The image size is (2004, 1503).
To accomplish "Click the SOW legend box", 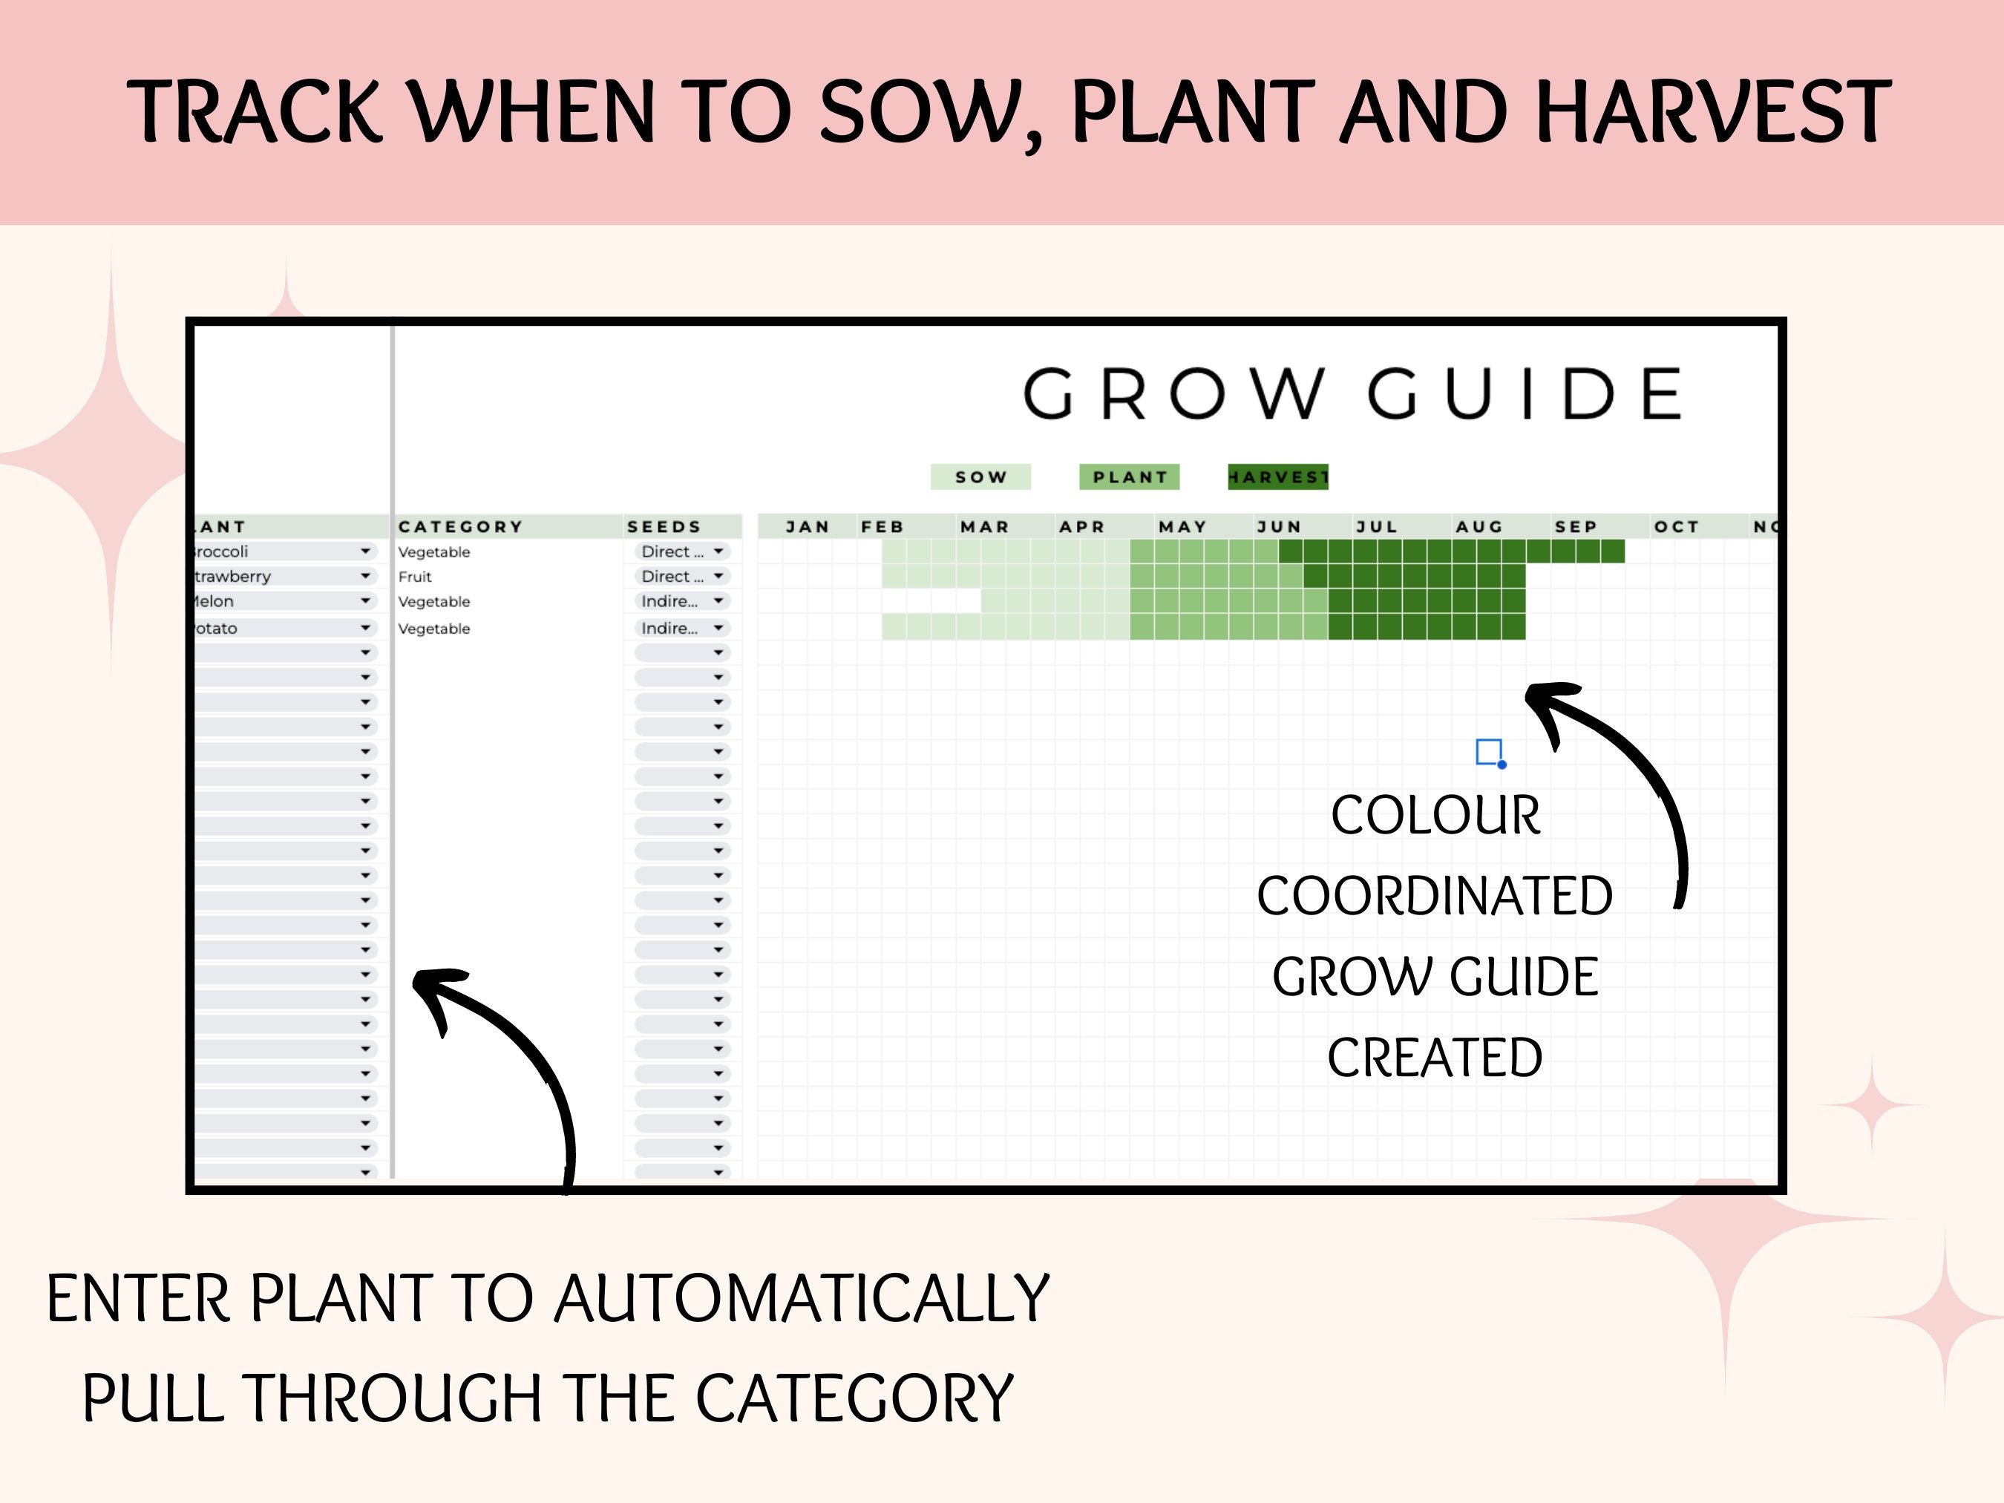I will click(980, 477).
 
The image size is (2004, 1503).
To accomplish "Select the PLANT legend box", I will click(1129, 477).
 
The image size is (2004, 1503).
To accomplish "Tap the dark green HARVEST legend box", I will click(1277, 477).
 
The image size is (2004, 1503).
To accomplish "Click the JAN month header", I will click(806, 526).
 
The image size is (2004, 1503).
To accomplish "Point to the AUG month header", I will click(1479, 526).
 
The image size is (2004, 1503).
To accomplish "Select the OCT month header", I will click(1676, 526).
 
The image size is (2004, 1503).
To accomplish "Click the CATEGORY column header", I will click(460, 526).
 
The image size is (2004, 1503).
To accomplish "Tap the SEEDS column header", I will click(663, 526).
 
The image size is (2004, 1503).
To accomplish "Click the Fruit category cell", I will click(415, 576).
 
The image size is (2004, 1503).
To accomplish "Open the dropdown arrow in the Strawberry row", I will click(365, 576).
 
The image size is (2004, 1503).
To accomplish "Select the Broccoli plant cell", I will click(272, 551).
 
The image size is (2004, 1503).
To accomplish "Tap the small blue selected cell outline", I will click(1488, 751).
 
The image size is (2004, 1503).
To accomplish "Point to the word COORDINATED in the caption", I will click(1434, 896).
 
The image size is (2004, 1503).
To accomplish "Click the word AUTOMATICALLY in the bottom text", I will click(801, 1299).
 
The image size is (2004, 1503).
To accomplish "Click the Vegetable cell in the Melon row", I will click(434, 601).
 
